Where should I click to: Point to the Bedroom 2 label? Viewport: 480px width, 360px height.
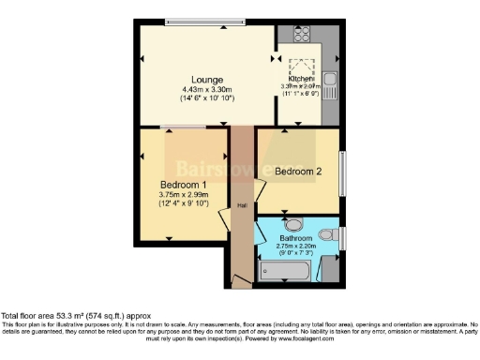299,171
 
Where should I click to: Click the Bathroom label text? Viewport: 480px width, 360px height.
297,238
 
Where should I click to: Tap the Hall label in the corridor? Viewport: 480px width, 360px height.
242,206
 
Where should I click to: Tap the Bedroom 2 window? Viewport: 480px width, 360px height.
343,172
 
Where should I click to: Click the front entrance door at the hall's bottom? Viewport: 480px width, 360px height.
242,278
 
